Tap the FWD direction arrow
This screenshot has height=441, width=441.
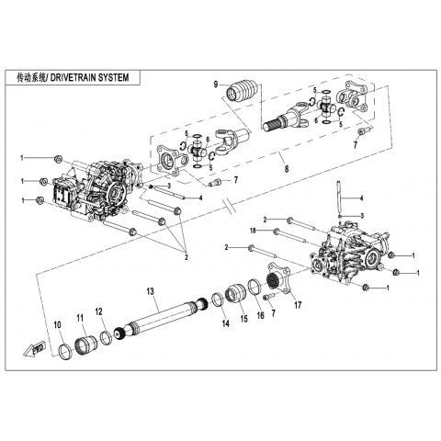pos(34,349)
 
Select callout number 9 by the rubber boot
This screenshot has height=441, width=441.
pos(216,85)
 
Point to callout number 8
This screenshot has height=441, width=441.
pos(287,169)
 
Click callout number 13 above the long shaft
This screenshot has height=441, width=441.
pos(150,291)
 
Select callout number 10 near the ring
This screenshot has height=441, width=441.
pos(58,324)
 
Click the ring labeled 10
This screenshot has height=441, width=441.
pos(64,352)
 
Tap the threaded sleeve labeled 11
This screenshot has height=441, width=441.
pos(85,345)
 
